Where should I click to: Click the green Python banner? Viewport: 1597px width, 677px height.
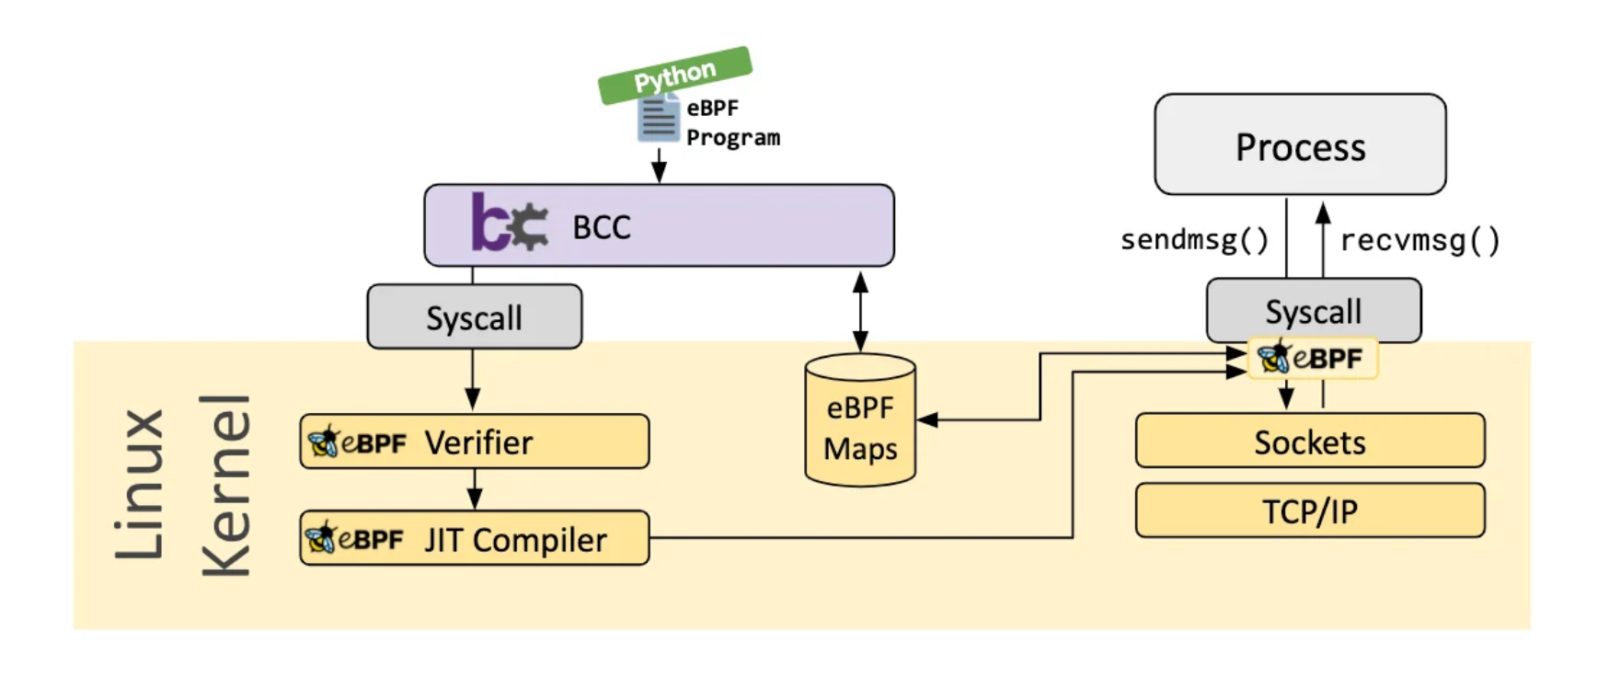tap(675, 75)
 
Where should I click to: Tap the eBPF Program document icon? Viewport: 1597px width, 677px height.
tap(659, 120)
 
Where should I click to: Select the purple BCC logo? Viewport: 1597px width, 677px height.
tap(509, 222)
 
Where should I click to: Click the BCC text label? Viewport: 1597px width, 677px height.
tap(602, 227)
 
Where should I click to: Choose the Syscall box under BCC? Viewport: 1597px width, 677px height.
tap(475, 316)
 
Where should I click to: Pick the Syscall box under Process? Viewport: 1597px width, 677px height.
tap(1314, 311)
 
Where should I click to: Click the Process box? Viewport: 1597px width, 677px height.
tap(1300, 144)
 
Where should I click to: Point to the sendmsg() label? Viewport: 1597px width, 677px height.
tap(1194, 240)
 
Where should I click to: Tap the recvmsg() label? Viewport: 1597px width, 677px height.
tap(1419, 241)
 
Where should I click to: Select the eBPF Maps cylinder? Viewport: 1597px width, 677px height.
tap(860, 420)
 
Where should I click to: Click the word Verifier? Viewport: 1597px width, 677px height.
tap(478, 442)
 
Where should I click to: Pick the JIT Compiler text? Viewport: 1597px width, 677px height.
tap(515, 540)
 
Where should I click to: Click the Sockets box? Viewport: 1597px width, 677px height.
tap(1310, 441)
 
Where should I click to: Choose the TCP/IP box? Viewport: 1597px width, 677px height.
tap(1310, 511)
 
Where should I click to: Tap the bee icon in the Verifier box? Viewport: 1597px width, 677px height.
tap(323, 442)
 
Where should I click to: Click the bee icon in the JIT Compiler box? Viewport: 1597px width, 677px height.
tap(321, 537)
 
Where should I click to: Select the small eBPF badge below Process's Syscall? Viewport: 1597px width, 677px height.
tap(1313, 358)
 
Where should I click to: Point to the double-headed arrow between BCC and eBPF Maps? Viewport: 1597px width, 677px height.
tap(860, 312)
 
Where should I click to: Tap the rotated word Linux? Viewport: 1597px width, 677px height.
tap(140, 484)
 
